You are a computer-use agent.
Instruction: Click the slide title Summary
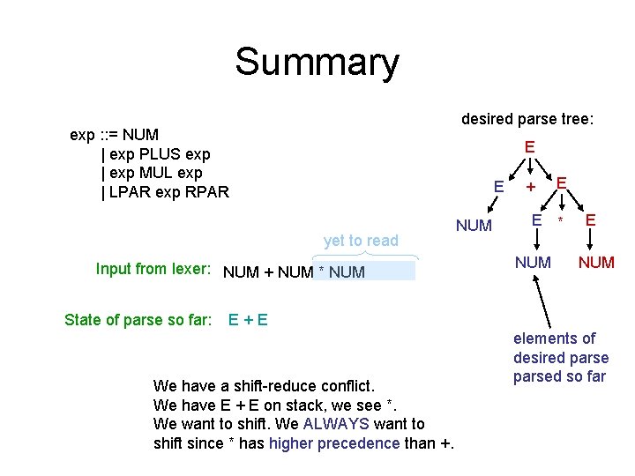tap(317, 63)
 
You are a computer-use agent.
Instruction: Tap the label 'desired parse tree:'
tap(527, 119)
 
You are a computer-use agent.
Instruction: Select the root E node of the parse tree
tap(529, 147)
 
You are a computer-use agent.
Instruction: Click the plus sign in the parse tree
tap(531, 187)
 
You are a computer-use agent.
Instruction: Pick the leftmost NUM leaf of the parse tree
tap(474, 226)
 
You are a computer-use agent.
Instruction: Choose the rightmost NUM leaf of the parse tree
tap(596, 262)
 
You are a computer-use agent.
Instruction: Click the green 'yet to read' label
tap(361, 240)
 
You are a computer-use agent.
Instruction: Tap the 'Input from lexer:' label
tap(153, 269)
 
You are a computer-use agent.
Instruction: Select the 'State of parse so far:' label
tap(138, 319)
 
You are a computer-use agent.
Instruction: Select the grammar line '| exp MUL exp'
tap(152, 173)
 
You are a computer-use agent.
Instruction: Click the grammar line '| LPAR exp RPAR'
tap(165, 191)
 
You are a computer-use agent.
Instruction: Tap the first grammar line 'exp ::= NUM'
tap(115, 135)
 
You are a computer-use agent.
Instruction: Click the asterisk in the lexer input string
tap(323, 272)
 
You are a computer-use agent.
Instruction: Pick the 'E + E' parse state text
tap(248, 319)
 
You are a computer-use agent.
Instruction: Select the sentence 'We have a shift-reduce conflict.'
tap(265, 385)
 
